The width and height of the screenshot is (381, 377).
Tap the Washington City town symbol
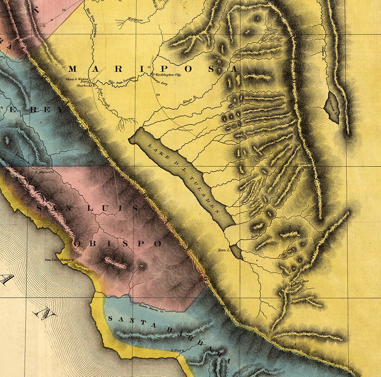point(153,75)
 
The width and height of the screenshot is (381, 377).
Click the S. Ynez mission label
point(177,350)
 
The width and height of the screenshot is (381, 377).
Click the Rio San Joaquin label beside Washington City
point(120,83)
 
